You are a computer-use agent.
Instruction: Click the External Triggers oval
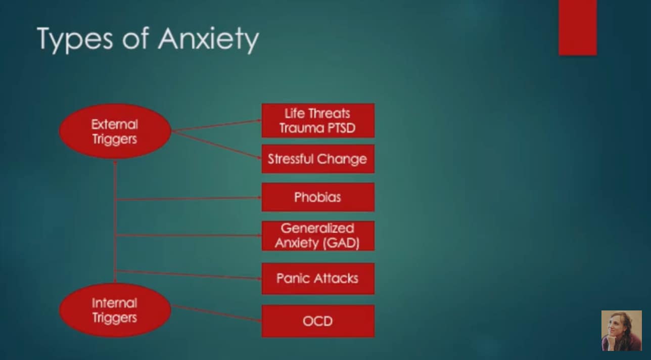coord(115,131)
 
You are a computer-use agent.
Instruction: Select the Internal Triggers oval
coord(115,310)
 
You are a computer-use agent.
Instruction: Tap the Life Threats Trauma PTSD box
coord(317,120)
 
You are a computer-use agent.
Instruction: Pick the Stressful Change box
coord(317,159)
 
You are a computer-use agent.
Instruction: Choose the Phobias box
coord(317,197)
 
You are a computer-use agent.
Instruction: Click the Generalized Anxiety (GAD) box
coord(317,235)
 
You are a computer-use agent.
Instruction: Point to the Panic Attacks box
coord(317,278)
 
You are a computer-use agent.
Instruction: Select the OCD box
coord(317,321)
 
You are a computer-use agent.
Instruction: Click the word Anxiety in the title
coord(208,39)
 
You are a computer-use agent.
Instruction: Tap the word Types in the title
coord(75,39)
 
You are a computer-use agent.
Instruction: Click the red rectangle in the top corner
coord(577,27)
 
